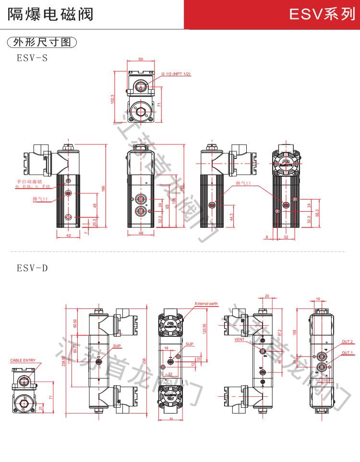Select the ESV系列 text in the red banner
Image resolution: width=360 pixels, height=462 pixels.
tap(322, 15)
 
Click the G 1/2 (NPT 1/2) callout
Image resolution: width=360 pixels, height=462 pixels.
tap(176, 74)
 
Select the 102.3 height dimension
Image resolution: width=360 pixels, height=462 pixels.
tap(112, 99)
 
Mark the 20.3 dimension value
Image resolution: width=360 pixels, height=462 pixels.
tap(94, 222)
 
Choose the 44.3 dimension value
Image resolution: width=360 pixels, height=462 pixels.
tap(232, 217)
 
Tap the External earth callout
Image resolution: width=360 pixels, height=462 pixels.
tap(206, 304)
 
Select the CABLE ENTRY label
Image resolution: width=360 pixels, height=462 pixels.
tap(23, 360)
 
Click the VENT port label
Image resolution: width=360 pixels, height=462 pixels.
tap(240, 339)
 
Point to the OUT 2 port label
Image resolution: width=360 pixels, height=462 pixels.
tap(347, 342)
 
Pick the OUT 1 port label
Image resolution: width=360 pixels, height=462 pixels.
tap(347, 353)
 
